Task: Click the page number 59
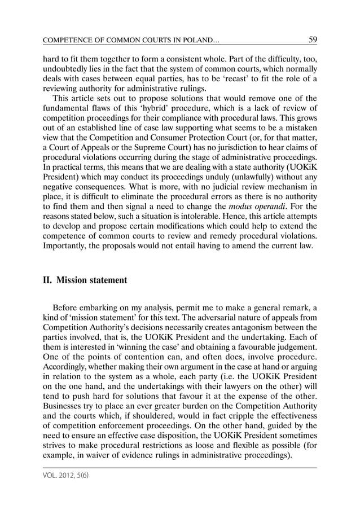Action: point(310,39)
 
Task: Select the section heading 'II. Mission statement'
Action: point(85,280)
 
